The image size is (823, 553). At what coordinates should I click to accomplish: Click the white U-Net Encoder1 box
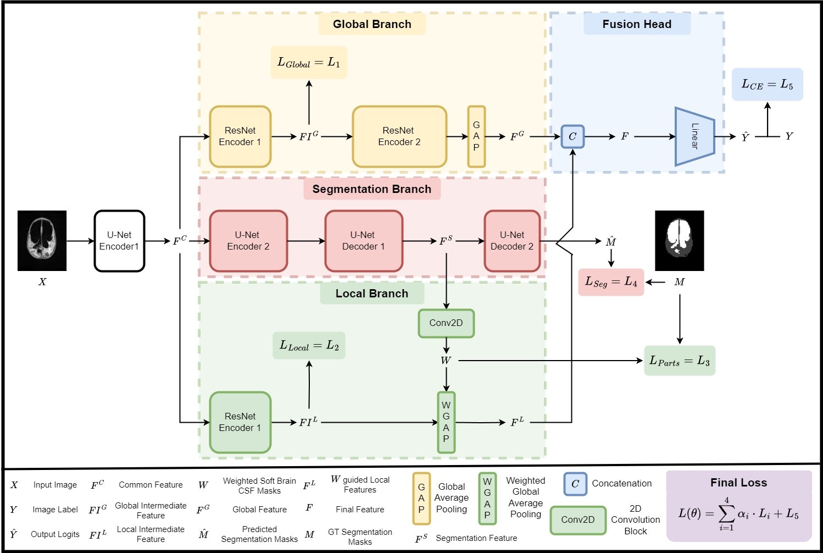tap(119, 241)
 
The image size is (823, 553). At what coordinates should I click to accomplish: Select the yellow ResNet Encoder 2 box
tap(399, 136)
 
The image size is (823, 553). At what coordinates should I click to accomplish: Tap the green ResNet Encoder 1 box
tap(240, 422)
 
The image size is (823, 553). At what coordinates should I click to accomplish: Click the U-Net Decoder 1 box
tap(364, 241)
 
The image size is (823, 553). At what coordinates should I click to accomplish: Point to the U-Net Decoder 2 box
tap(512, 241)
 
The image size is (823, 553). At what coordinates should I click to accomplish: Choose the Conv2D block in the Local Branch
tap(446, 323)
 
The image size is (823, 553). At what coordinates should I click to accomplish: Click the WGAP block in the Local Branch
tap(446, 422)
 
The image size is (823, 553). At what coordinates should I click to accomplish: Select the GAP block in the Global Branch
tap(476, 136)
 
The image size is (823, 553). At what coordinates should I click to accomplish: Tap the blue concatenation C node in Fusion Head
tap(572, 136)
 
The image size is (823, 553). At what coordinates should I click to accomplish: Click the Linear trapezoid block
tap(694, 136)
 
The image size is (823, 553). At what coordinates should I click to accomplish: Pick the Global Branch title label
tap(372, 24)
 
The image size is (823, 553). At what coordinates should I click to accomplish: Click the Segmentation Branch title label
tap(372, 189)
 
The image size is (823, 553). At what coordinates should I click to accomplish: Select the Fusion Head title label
tap(637, 24)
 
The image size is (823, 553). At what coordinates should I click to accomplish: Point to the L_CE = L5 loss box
tap(767, 85)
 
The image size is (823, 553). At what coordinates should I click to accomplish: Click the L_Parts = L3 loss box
tap(680, 361)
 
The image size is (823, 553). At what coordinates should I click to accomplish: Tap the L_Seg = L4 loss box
tap(611, 282)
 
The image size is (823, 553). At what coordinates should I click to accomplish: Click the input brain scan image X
tap(42, 241)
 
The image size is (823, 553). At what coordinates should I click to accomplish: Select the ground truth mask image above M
tap(680, 241)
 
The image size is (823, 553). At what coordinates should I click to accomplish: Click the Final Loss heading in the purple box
tap(738, 483)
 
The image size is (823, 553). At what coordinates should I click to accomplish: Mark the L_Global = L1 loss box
tap(309, 62)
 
